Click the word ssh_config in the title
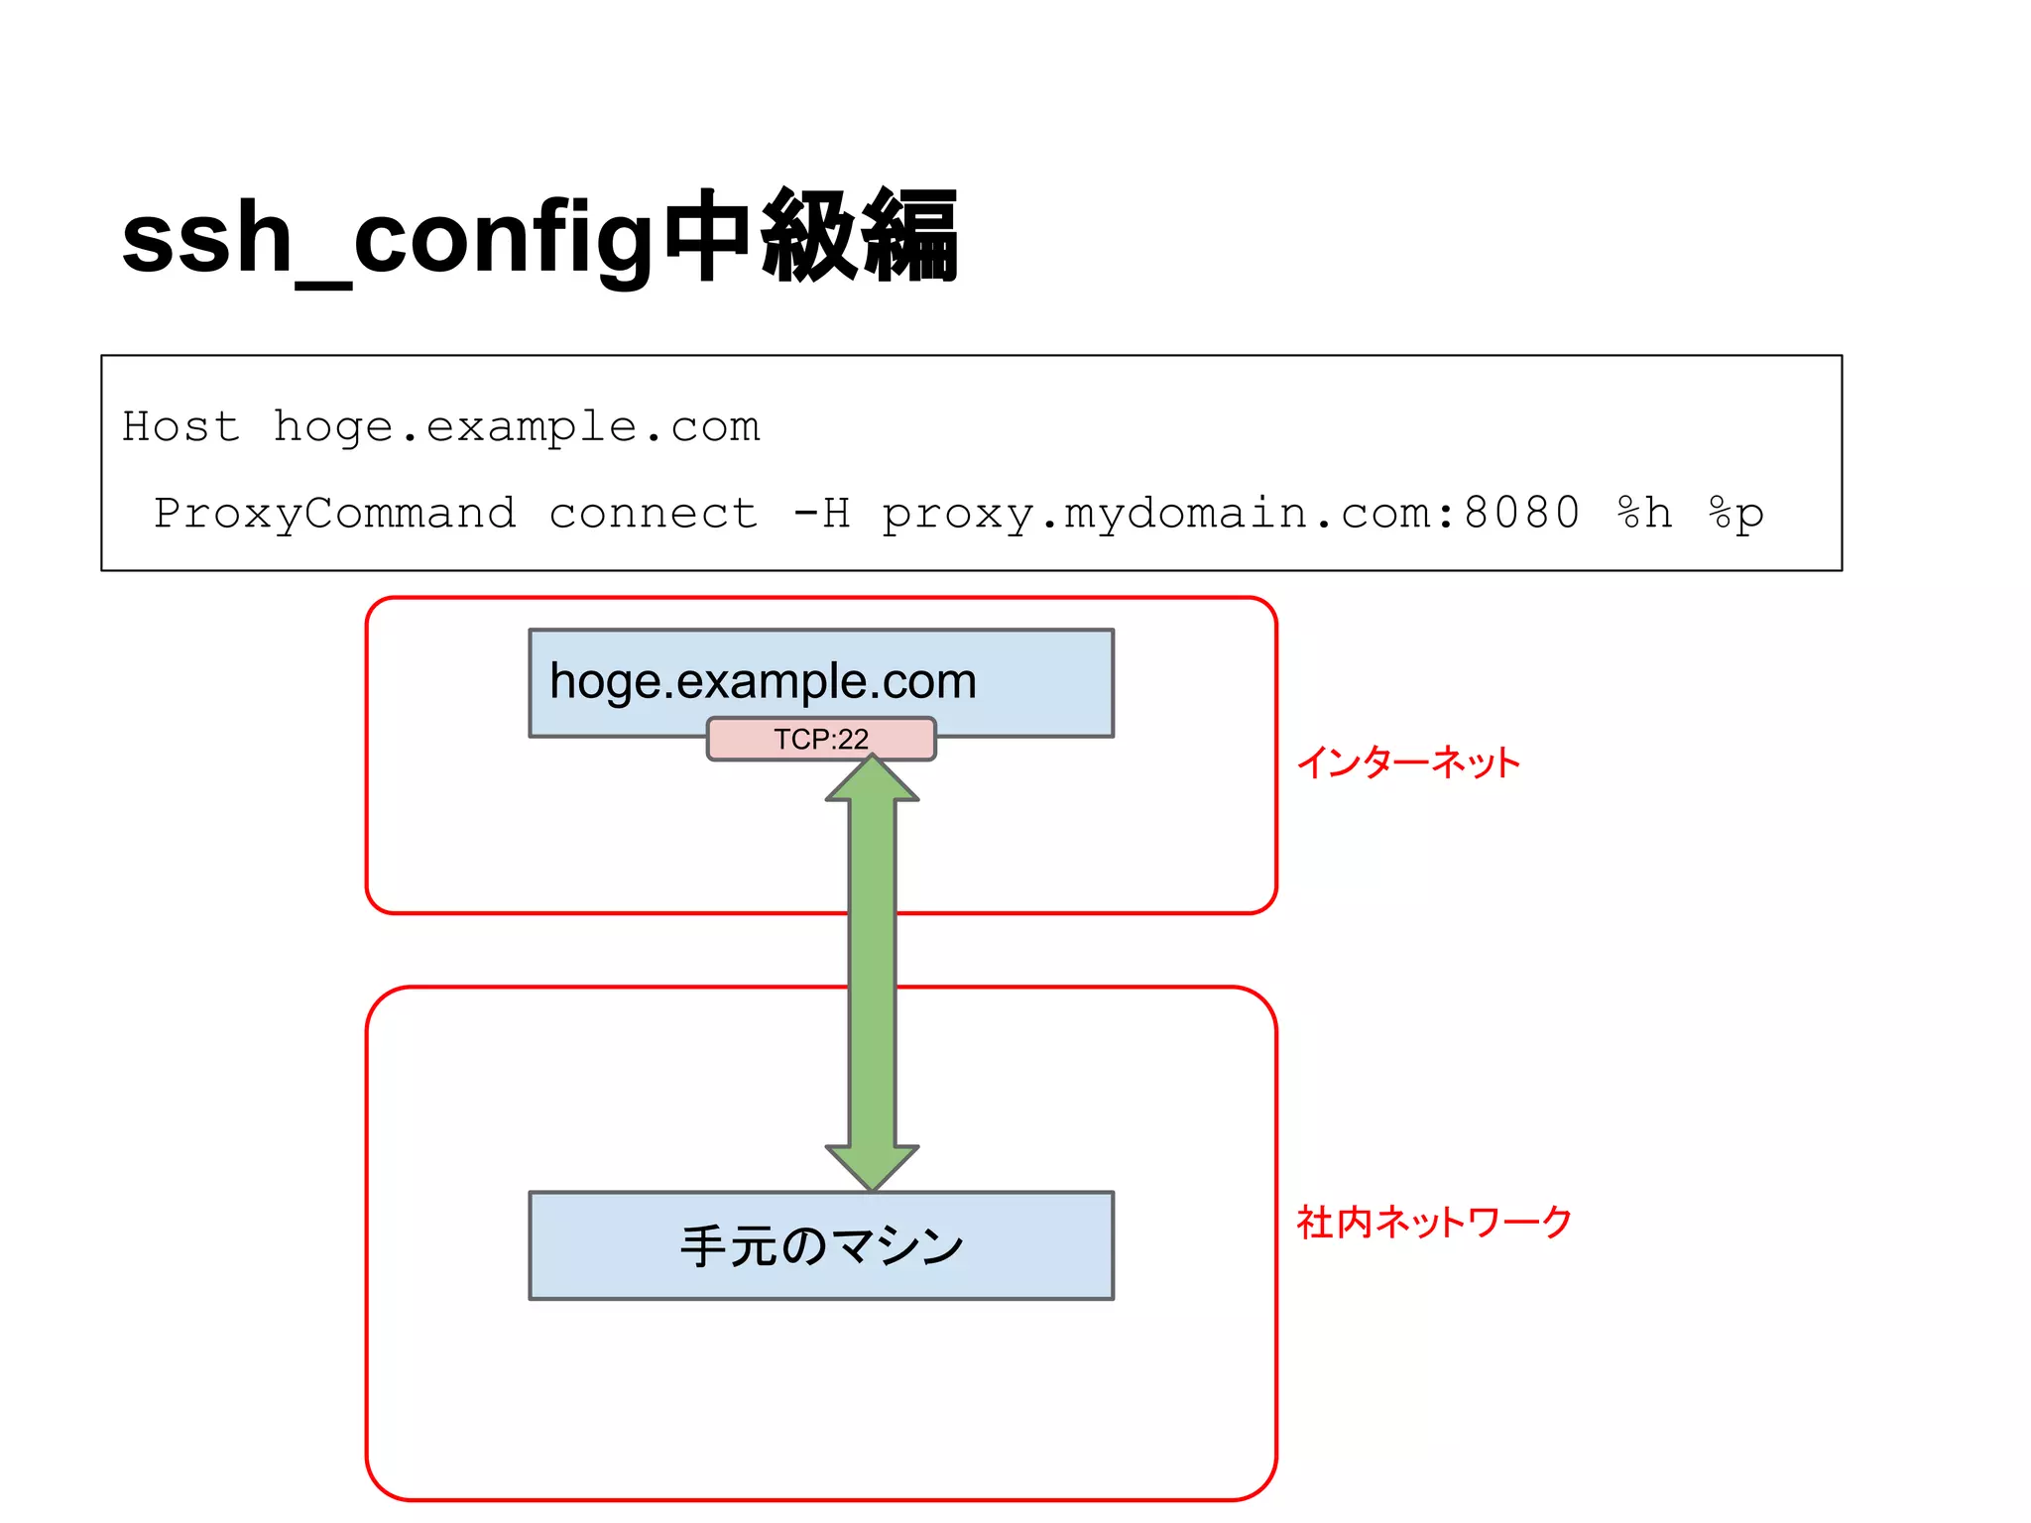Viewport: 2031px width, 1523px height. (387, 240)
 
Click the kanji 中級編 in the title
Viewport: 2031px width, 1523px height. (810, 238)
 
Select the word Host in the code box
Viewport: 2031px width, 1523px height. (180, 426)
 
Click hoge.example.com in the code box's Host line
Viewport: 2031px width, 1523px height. (516, 426)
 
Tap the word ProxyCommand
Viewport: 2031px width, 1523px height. (335, 513)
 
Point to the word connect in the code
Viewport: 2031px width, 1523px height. (654, 513)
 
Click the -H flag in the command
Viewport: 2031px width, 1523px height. (822, 513)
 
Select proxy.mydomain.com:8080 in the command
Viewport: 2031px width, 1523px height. (1230, 513)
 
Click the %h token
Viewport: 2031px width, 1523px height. (1644, 513)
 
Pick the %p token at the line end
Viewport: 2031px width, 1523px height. (1735, 513)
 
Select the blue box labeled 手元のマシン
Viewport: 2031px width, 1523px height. (821, 1245)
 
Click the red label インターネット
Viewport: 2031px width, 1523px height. (1407, 762)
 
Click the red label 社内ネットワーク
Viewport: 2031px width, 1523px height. (1434, 1222)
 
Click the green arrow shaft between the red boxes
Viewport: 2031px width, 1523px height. (873, 950)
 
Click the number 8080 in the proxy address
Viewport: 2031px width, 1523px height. (1521, 513)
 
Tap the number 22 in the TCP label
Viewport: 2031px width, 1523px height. (852, 739)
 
